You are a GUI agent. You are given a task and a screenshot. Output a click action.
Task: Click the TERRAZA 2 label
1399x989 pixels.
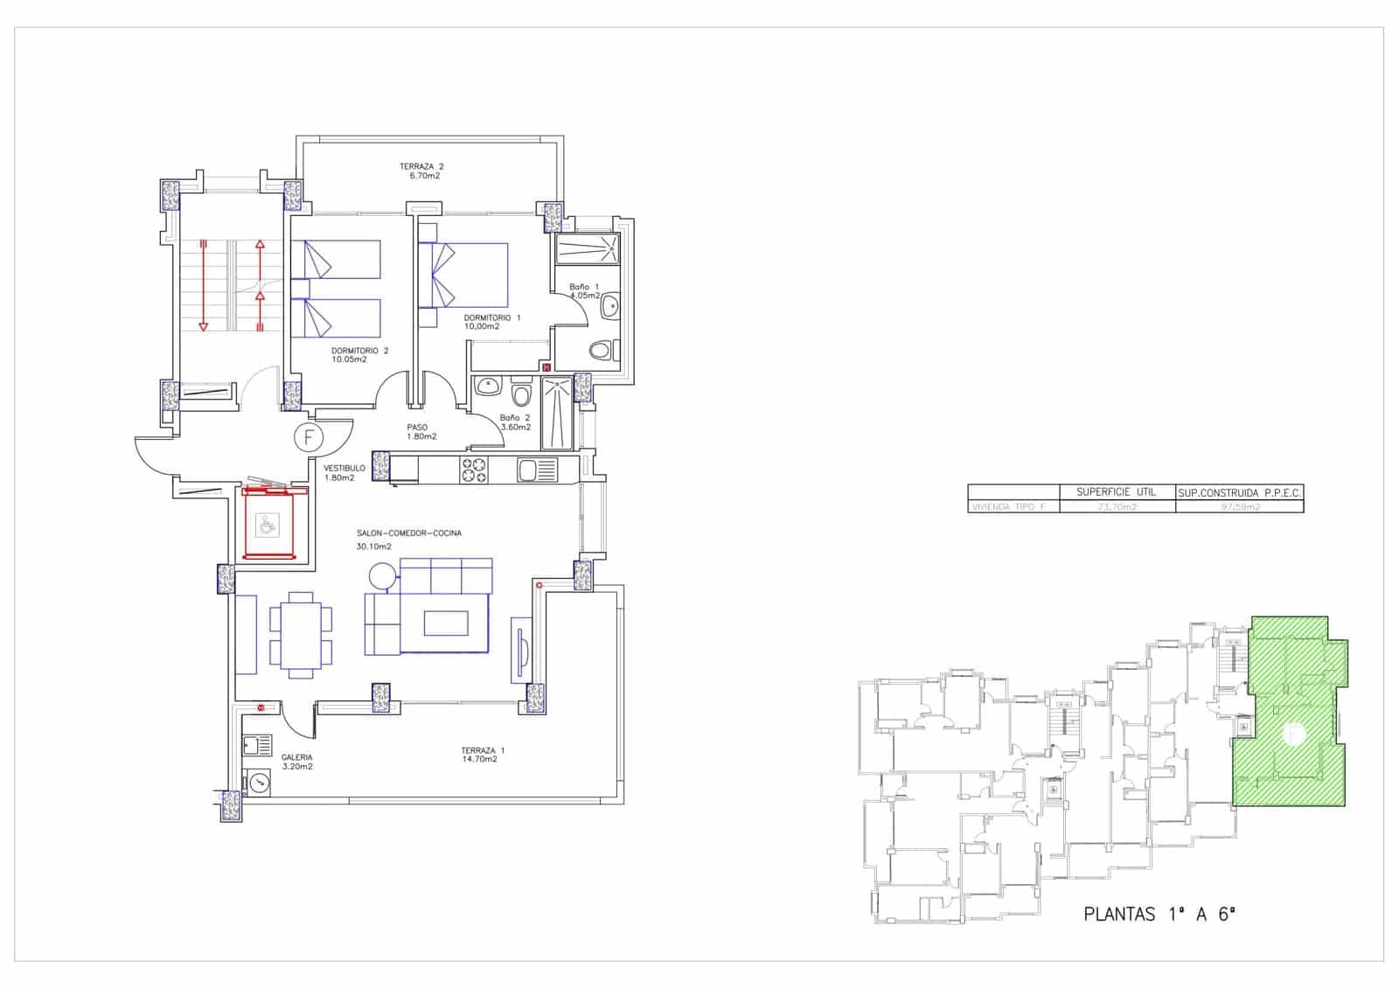(421, 166)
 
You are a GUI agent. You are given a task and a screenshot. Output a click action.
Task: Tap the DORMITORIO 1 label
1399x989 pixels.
(492, 317)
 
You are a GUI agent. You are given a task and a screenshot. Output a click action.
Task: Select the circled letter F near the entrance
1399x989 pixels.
(309, 435)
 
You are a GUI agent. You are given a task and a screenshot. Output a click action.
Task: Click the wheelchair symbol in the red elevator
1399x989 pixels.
(266, 526)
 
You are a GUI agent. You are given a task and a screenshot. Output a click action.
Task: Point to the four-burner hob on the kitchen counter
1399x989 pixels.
(473, 470)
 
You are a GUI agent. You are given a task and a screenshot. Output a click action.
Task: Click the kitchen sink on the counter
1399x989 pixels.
(536, 470)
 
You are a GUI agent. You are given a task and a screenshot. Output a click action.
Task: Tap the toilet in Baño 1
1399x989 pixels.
(601, 351)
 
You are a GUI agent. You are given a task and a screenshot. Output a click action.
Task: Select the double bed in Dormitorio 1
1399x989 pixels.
(463, 275)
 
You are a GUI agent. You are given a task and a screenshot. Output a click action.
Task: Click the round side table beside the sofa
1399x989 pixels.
(382, 575)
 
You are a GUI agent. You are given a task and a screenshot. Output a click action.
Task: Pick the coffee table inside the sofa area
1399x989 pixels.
(446, 623)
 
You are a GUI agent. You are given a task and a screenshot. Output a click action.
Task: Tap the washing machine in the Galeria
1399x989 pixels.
(260, 782)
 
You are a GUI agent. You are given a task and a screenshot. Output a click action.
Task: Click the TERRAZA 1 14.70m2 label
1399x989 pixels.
(483, 754)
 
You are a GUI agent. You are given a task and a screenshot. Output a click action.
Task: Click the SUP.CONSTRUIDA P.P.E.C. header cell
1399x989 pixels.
(1239, 493)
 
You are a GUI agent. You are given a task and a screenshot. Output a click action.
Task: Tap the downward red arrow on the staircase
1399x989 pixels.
(203, 284)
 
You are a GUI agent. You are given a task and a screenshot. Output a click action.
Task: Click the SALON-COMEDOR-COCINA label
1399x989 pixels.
(408, 533)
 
